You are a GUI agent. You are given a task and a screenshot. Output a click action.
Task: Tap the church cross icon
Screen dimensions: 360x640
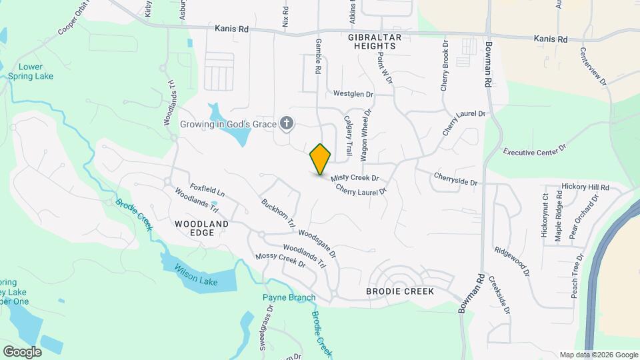pyautogui.click(x=287, y=123)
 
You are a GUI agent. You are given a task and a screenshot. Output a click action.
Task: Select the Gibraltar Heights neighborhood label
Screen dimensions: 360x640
pyautogui.click(x=372, y=41)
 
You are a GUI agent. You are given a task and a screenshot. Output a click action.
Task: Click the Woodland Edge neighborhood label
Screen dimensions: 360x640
pyautogui.click(x=201, y=228)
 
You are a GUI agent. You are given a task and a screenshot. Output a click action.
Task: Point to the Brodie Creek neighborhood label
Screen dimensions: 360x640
pyautogui.click(x=400, y=291)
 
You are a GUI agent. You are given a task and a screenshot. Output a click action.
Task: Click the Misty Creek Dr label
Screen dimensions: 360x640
pyautogui.click(x=355, y=178)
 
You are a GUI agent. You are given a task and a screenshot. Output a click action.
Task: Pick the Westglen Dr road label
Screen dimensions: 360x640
pyautogui.click(x=353, y=95)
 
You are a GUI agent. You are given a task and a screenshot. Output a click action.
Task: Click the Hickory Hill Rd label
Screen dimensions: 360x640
pyautogui.click(x=585, y=188)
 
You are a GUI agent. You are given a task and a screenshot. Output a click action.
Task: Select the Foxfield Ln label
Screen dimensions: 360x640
pyautogui.click(x=207, y=190)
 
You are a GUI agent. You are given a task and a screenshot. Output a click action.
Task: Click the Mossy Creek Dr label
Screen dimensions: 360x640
pyautogui.click(x=280, y=260)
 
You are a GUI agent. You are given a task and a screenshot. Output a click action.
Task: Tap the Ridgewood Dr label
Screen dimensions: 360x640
pyautogui.click(x=511, y=262)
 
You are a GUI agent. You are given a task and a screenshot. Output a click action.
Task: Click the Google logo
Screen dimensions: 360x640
pyautogui.click(x=22, y=351)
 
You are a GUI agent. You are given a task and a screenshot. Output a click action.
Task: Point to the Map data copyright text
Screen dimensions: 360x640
pyautogui.click(x=598, y=355)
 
